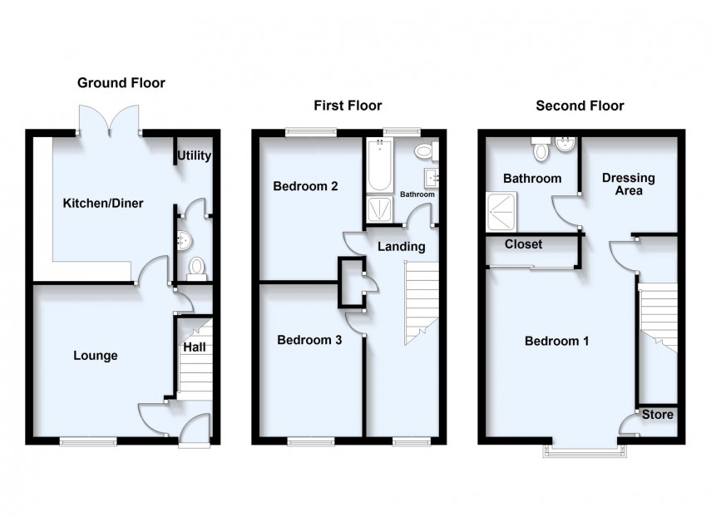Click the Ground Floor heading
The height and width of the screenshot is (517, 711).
click(121, 83)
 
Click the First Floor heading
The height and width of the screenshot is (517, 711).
click(347, 106)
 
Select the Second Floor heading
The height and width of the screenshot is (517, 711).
click(580, 106)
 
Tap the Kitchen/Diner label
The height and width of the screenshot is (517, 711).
click(98, 202)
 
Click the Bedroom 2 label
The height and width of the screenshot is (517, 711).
click(305, 187)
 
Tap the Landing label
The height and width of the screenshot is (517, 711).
click(402, 247)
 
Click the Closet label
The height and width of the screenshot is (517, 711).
click(524, 245)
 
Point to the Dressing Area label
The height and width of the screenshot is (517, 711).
click(628, 185)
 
